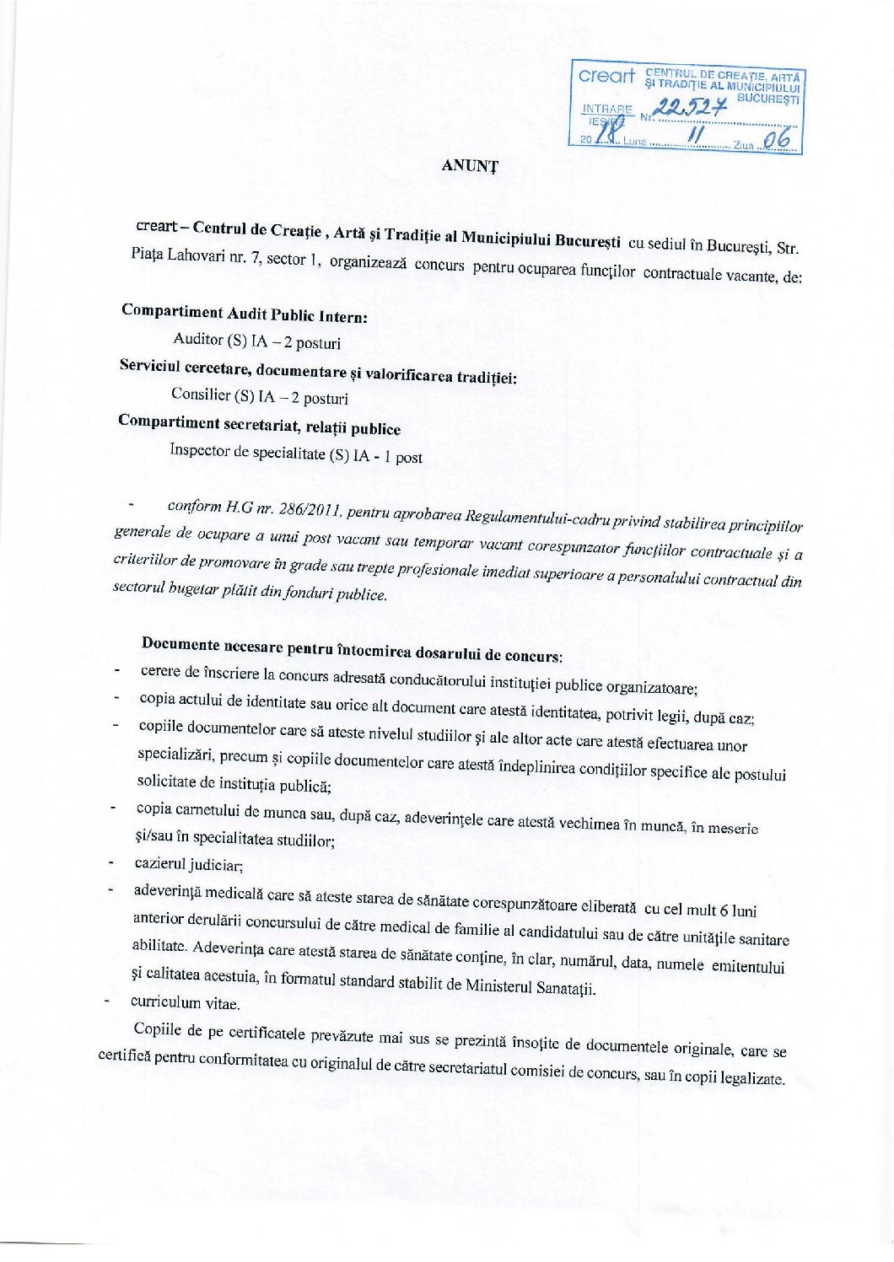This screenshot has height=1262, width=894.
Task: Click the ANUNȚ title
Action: (x=470, y=165)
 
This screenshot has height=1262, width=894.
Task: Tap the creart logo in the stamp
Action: (x=606, y=76)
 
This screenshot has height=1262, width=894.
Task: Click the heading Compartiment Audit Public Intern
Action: (x=244, y=313)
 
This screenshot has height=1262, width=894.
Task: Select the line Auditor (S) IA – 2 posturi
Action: (x=256, y=341)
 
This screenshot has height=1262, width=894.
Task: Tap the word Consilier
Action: (x=201, y=394)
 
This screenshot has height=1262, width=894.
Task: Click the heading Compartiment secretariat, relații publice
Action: (x=259, y=424)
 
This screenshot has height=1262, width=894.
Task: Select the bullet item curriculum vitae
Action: (x=185, y=1002)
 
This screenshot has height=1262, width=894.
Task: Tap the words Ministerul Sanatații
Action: (x=530, y=985)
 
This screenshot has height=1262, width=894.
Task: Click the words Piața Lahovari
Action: (x=173, y=255)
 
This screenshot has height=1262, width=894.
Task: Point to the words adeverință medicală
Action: (x=200, y=891)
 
